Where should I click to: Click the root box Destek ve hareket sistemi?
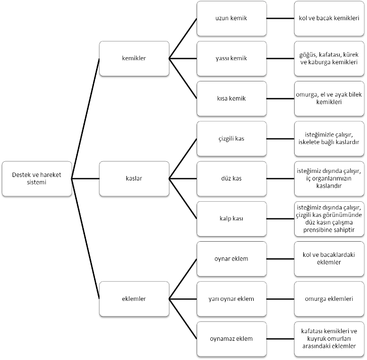pos(37,178)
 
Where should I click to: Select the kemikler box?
pos(134,59)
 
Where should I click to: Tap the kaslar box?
pos(134,178)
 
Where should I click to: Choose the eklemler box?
pos(134,299)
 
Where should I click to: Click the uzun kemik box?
pos(232,19)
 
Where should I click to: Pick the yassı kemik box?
pos(232,59)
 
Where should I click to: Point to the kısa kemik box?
pos(232,99)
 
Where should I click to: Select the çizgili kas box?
pos(232,139)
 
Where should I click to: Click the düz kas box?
pos(232,178)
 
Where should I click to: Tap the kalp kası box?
pos(232,219)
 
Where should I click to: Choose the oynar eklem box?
pos(232,259)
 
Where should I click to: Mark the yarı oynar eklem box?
pos(232,299)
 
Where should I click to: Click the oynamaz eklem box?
pos(232,339)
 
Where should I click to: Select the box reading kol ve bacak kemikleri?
pos(329,19)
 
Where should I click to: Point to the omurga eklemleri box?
pos(329,299)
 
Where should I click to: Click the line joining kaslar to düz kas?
pos(183,178)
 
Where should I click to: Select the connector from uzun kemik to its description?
pos(281,19)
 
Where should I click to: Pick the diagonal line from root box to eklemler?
pos(85,239)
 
